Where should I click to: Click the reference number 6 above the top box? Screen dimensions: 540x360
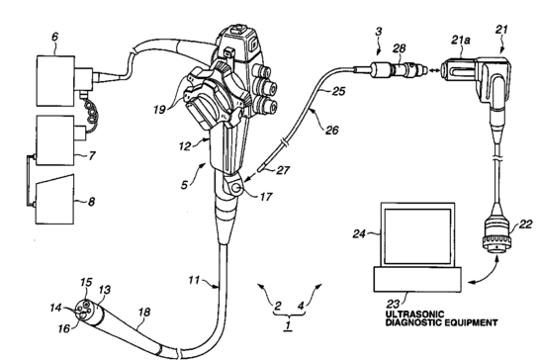[55, 37]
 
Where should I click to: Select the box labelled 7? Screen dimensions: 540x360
[55, 140]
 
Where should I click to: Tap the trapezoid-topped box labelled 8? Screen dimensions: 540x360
[55, 199]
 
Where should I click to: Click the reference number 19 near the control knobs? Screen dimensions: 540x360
[159, 110]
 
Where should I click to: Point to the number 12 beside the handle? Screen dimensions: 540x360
[185, 146]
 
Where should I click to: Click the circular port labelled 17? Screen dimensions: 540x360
[237, 188]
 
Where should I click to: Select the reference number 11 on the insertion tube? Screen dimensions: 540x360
[194, 280]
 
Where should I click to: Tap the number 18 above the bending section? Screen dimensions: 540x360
[145, 312]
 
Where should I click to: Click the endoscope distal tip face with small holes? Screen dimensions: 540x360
[84, 309]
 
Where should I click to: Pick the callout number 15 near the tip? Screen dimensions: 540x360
[86, 282]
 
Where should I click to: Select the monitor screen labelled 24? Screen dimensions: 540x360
[417, 234]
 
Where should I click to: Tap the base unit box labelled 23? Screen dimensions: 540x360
[417, 279]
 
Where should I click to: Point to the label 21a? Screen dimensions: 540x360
[461, 41]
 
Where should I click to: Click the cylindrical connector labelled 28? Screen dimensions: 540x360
[405, 68]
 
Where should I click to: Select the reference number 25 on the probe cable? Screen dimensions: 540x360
[338, 91]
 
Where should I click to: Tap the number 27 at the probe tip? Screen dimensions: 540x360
[283, 170]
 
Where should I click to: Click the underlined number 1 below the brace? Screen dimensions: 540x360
[288, 324]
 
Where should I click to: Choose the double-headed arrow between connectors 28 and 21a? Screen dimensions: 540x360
[432, 70]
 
